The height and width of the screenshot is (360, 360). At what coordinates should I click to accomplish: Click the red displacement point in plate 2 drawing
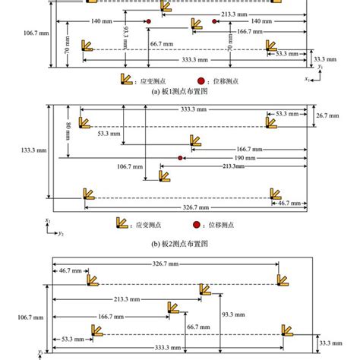click(180, 158)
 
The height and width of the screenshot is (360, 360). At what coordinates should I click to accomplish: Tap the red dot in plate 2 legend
click(196, 225)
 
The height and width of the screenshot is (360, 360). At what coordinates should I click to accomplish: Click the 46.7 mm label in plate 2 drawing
click(290, 204)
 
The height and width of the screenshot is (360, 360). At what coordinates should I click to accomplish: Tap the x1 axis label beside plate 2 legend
click(47, 220)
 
